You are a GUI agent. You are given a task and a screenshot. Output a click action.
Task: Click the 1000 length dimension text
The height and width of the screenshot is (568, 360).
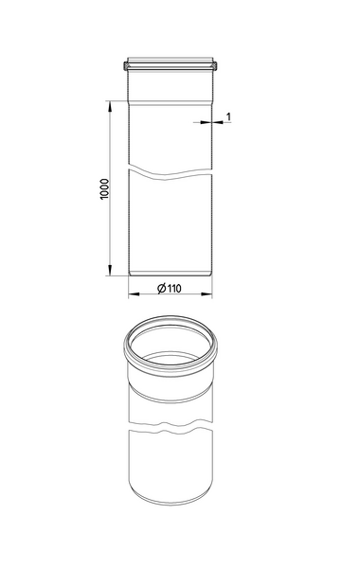pos(104,189)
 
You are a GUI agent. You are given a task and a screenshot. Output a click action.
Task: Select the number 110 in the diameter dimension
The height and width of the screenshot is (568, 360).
pos(174,289)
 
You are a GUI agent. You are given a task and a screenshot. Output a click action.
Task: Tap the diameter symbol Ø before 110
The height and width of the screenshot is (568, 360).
pos(162,289)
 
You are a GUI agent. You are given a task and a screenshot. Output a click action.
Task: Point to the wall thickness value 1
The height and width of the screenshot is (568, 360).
pos(228,116)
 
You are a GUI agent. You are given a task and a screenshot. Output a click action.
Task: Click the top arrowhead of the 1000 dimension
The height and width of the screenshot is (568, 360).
pos(110,106)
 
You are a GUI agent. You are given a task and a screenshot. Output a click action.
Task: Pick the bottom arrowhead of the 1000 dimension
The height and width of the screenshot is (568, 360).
pos(110,270)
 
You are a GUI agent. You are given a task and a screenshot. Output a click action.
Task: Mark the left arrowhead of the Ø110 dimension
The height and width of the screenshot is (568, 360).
pos(135,293)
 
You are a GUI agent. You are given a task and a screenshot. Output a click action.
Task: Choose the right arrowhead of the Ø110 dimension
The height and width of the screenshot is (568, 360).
pos(207,293)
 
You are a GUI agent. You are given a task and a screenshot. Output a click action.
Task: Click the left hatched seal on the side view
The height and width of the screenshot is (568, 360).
pos(125,66)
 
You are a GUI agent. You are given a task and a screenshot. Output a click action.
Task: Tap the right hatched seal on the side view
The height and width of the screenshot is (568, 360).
pos(215,66)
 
